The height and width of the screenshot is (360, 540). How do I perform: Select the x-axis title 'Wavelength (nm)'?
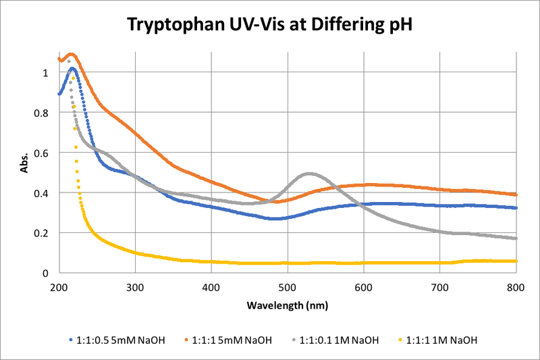tap(288, 305)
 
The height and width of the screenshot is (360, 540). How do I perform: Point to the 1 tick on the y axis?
tap(46, 73)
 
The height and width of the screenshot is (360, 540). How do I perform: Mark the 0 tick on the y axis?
tap(46, 274)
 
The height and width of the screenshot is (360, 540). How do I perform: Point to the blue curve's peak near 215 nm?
tap(72, 68)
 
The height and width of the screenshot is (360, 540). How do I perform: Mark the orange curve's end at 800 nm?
tap(516, 195)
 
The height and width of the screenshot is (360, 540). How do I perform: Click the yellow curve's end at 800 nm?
tap(516, 261)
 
